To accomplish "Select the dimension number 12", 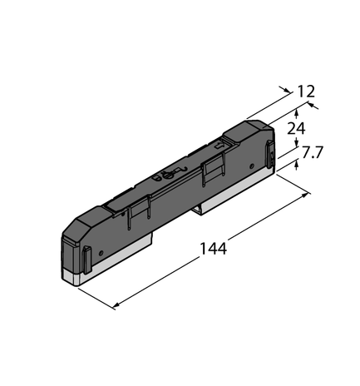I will click(x=305, y=91).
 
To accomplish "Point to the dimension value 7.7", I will click(x=313, y=153).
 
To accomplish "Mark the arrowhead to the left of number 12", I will click(x=286, y=89).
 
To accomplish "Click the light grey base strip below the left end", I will click(x=79, y=278).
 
